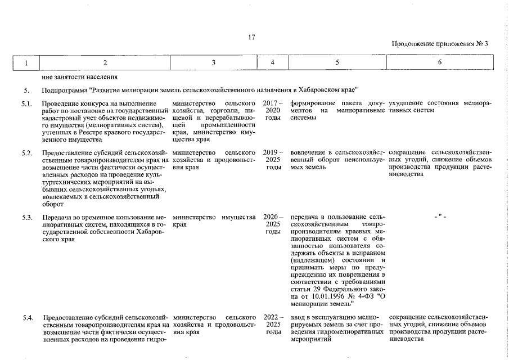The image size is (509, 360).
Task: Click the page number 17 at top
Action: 251,37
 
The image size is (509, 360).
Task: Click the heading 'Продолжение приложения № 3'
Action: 440,44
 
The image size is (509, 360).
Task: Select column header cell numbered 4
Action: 272,62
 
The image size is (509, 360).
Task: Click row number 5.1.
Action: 27,104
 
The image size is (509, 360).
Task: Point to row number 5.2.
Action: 27,153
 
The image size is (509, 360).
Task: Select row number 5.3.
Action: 27,217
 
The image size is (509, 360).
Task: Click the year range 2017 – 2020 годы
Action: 272,111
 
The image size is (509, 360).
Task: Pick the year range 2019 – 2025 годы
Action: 272,160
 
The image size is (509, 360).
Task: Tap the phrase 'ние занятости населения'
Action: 79,76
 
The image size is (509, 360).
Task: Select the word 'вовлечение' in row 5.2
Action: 309,153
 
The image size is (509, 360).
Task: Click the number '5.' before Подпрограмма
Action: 26,90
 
